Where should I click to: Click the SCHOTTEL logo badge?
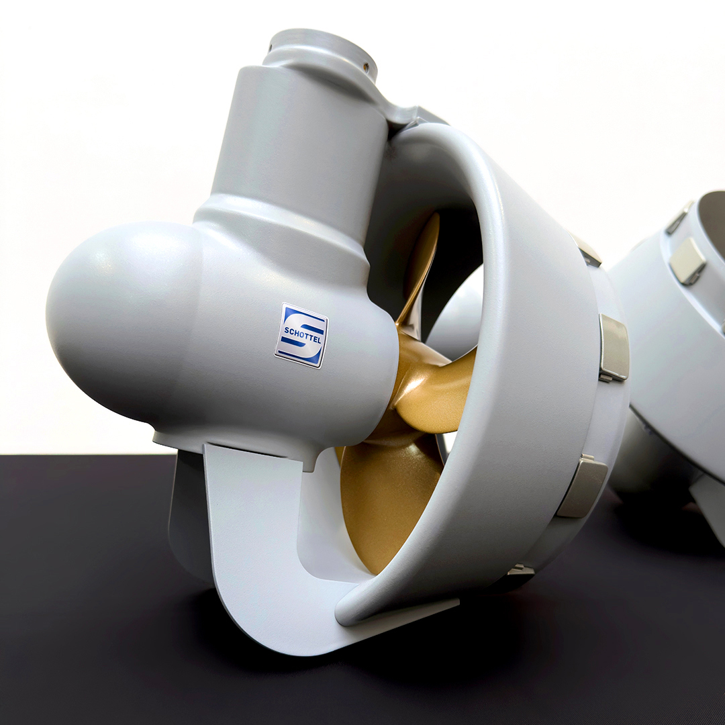pos(301,335)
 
